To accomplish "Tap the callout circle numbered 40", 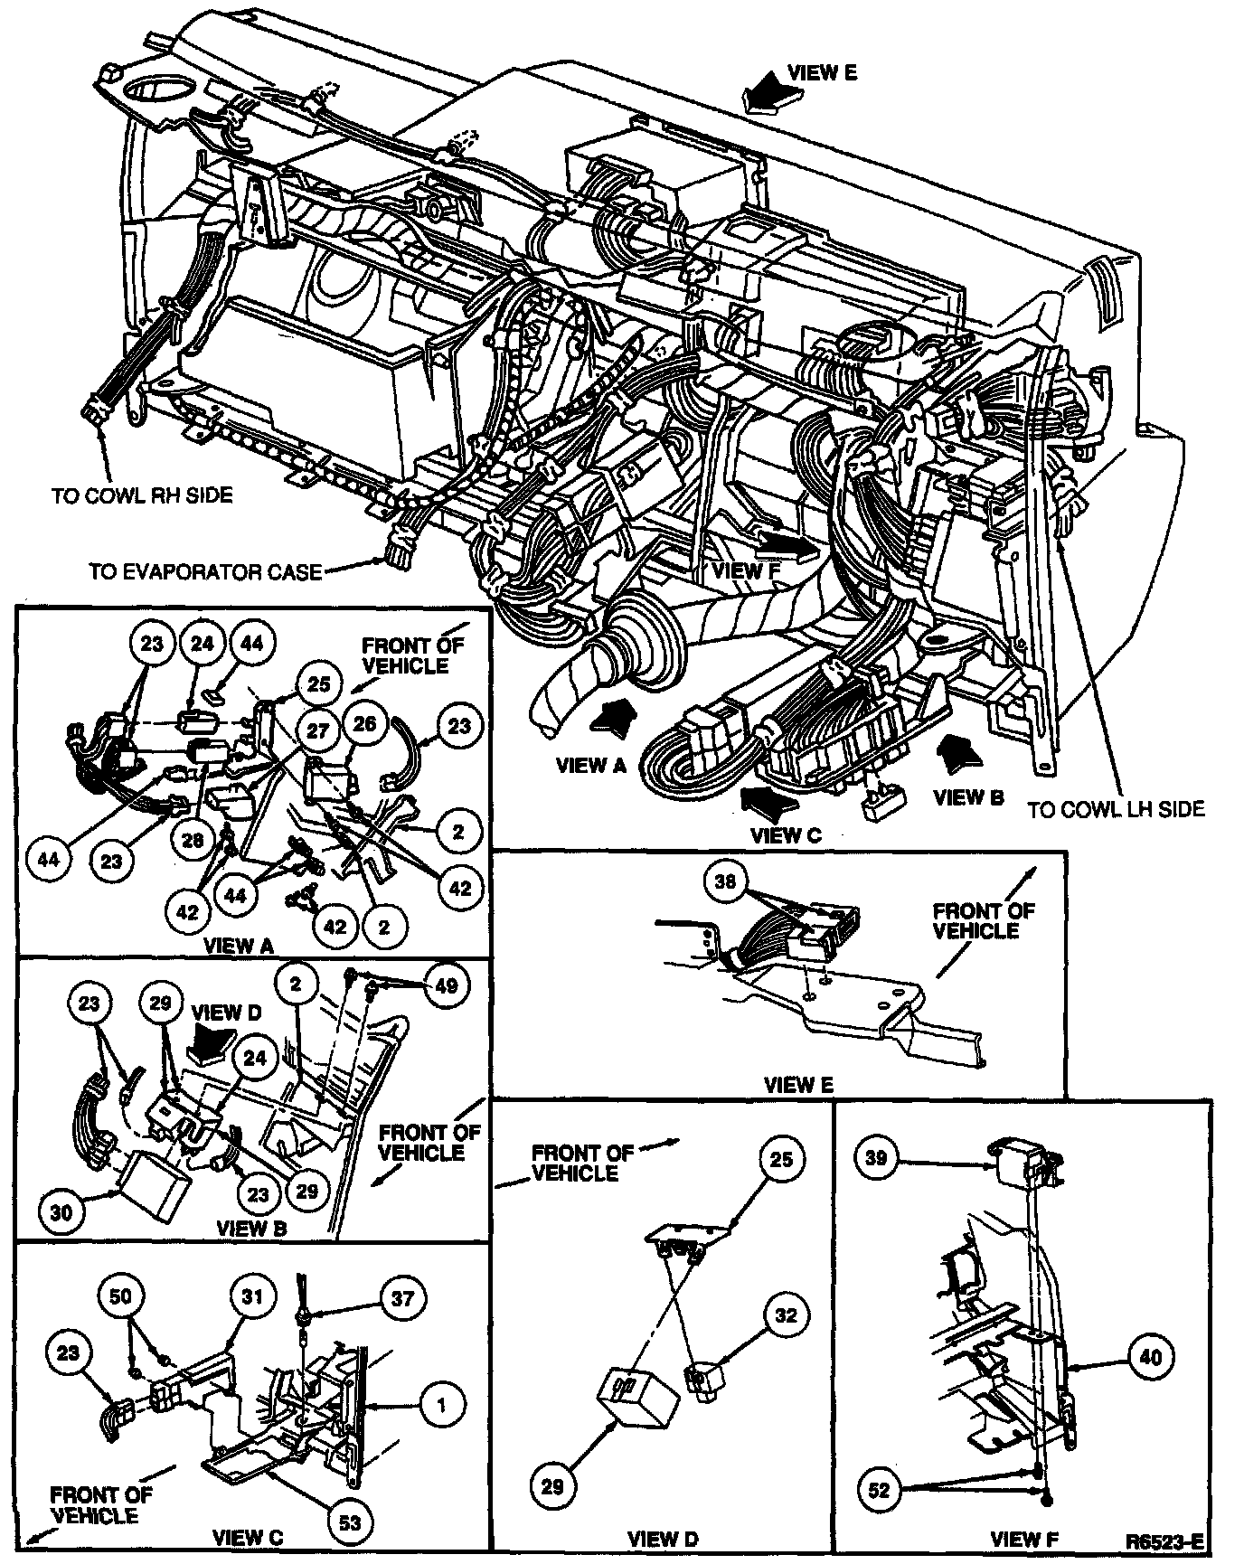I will (x=1150, y=1356).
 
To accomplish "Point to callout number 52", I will (x=880, y=1491).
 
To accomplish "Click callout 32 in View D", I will (x=787, y=1315).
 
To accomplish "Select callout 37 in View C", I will (x=402, y=1299).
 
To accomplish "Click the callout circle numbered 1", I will (x=441, y=1405).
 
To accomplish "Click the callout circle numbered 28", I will (x=193, y=840).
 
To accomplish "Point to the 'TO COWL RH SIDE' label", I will (x=142, y=495).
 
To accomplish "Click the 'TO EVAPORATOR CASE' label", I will (x=205, y=572).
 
